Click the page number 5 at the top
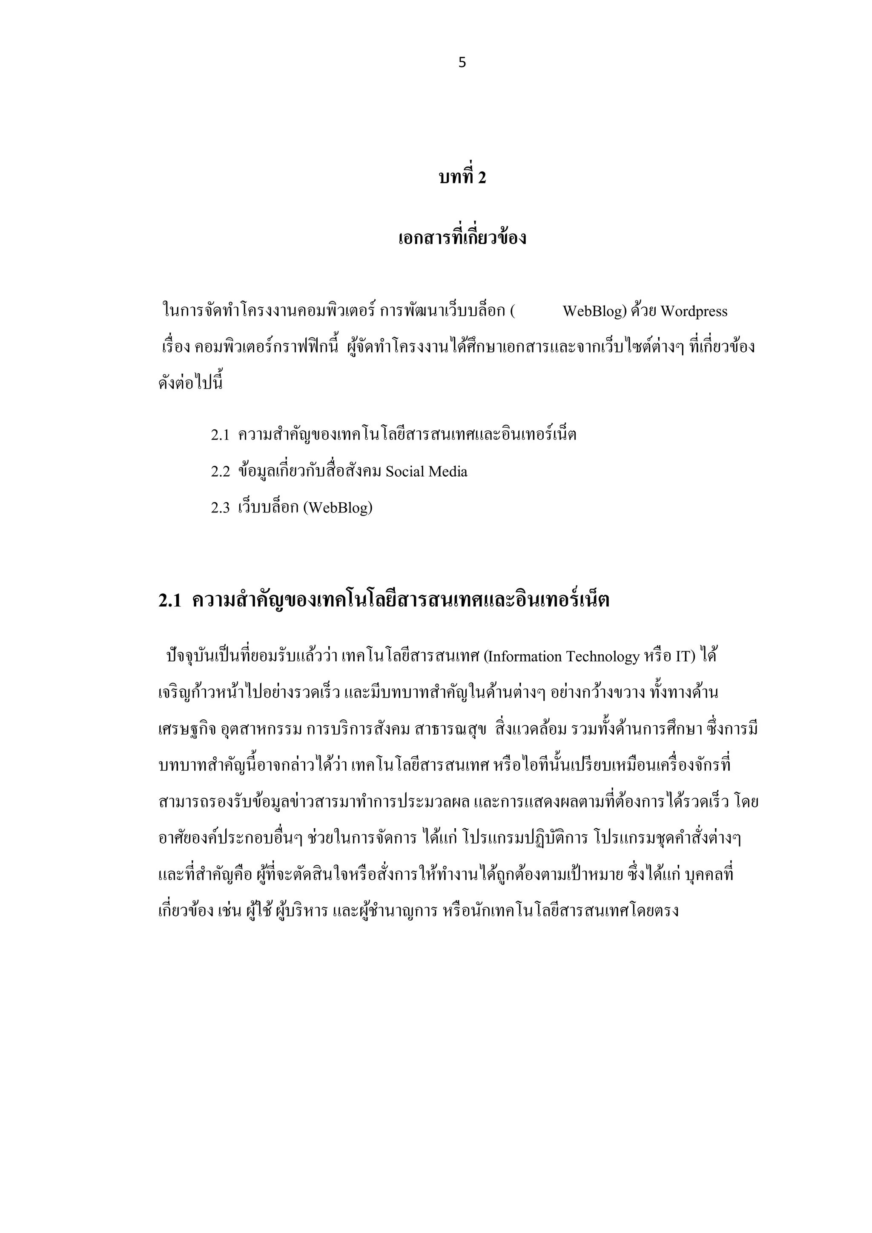pyautogui.click(x=462, y=63)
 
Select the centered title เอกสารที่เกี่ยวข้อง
pyautogui.click(x=462, y=238)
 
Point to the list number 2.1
pyautogui.click(x=220, y=435)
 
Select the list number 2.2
pyautogui.click(x=220, y=472)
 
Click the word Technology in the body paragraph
pyautogui.click(x=606, y=657)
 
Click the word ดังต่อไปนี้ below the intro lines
pyautogui.click(x=190, y=384)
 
